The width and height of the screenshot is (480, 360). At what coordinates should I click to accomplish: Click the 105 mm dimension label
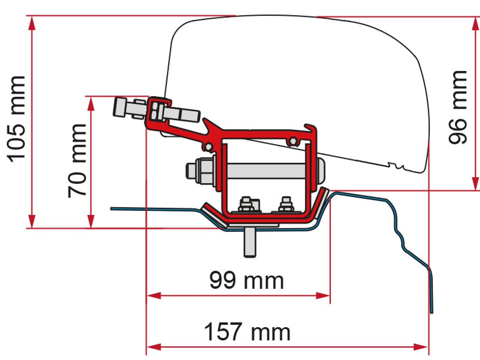(17, 119)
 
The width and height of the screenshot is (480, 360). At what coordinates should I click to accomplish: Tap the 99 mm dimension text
(246, 280)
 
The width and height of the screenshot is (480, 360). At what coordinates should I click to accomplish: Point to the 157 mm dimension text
(247, 331)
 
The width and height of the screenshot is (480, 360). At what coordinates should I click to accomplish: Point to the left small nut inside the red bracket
(246, 204)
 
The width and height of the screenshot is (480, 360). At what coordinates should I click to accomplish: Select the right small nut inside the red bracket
(286, 204)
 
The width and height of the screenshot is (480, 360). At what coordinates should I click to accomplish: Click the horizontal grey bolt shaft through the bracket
(266, 171)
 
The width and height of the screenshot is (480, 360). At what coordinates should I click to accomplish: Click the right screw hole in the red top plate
(293, 141)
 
